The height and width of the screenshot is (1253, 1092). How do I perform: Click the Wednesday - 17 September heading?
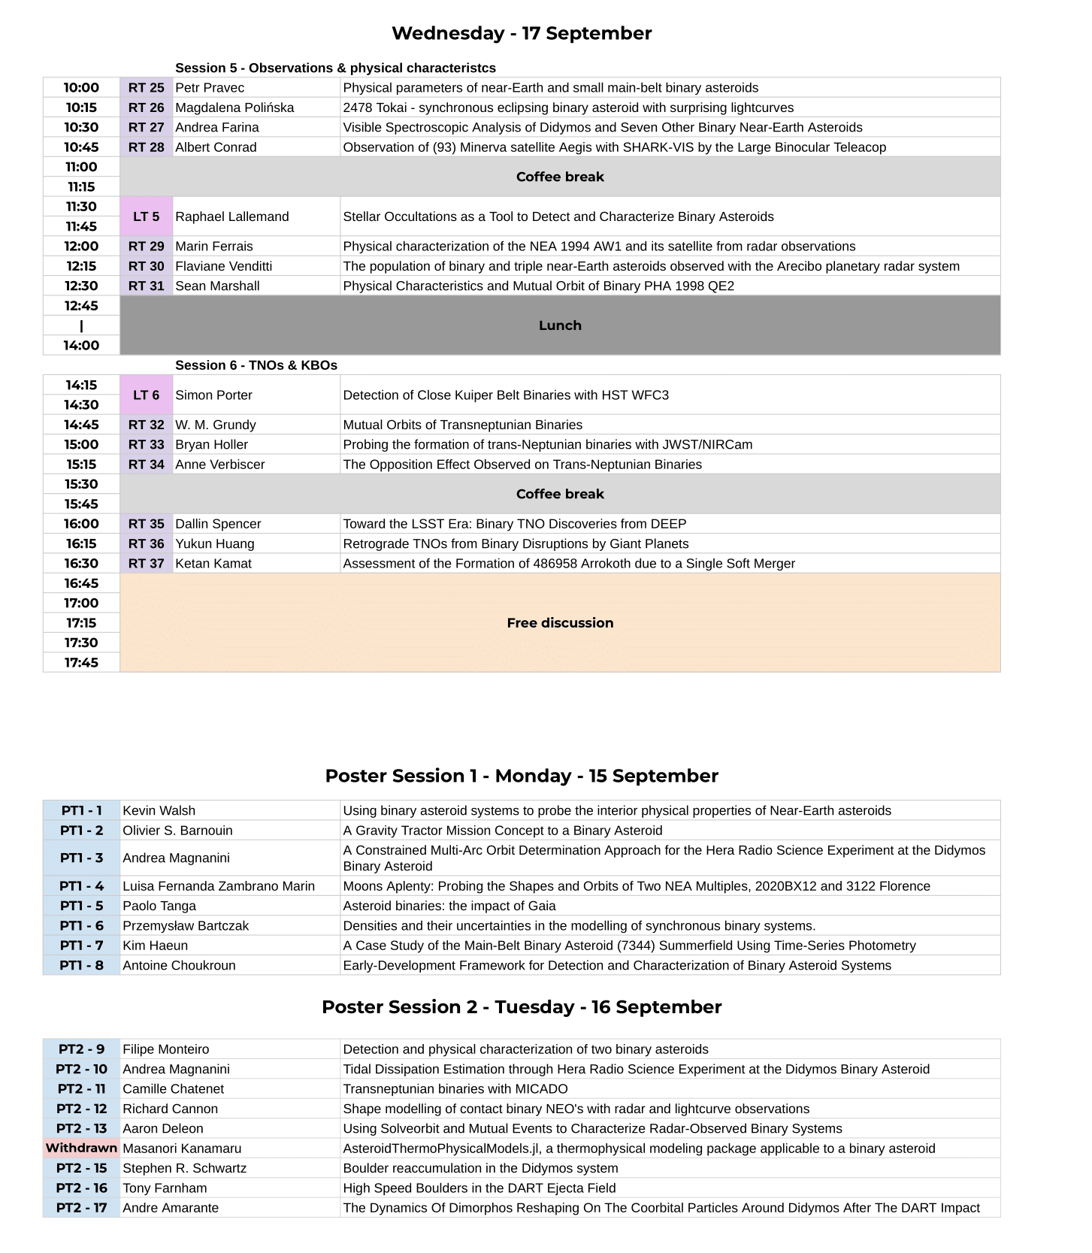(522, 33)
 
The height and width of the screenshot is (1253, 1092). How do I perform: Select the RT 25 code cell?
(146, 88)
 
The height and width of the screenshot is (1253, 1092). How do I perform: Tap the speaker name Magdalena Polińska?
(234, 107)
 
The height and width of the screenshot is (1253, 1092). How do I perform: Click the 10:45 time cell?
(81, 147)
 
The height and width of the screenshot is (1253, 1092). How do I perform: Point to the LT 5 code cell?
(146, 216)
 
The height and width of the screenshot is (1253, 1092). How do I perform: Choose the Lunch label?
(560, 325)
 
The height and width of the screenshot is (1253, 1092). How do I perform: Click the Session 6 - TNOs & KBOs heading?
(256, 365)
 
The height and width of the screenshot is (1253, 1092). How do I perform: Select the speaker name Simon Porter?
(213, 395)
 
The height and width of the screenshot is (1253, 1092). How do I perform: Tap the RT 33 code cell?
(146, 445)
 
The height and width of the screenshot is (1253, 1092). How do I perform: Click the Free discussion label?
(560, 623)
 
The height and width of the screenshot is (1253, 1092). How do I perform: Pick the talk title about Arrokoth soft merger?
(569, 564)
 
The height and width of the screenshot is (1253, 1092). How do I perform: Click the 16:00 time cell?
(81, 524)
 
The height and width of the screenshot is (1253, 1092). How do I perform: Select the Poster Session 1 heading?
(522, 776)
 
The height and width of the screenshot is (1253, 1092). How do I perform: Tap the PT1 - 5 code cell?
(81, 906)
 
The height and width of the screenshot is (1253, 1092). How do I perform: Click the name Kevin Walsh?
(159, 811)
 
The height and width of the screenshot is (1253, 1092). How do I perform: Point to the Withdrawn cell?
(81, 1149)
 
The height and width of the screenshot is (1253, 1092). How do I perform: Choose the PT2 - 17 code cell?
(81, 1208)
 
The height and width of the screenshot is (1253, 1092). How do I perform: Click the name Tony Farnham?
(165, 1188)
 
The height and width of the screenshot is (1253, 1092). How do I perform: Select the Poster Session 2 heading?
(522, 1006)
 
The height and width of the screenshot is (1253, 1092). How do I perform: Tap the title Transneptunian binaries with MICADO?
(455, 1089)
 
